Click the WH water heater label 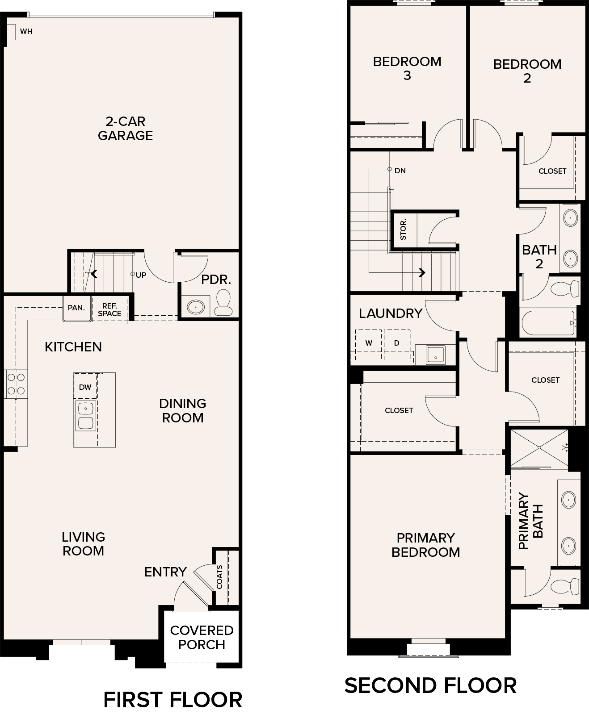[x=26, y=31]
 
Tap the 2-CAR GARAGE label [x=126, y=128]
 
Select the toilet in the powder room [x=223, y=302]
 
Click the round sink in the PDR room [x=196, y=307]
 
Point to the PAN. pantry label [x=76, y=308]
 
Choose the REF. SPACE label [x=109, y=309]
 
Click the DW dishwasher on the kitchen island [x=85, y=387]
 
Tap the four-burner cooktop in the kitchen [x=16, y=384]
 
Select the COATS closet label [x=219, y=577]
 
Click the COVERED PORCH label [x=202, y=637]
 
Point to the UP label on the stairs [x=141, y=275]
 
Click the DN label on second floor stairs [x=400, y=170]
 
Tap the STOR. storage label [x=403, y=229]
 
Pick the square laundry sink [x=435, y=355]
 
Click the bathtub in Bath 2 [x=548, y=323]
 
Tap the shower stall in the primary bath [x=539, y=447]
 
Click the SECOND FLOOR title [x=430, y=685]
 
